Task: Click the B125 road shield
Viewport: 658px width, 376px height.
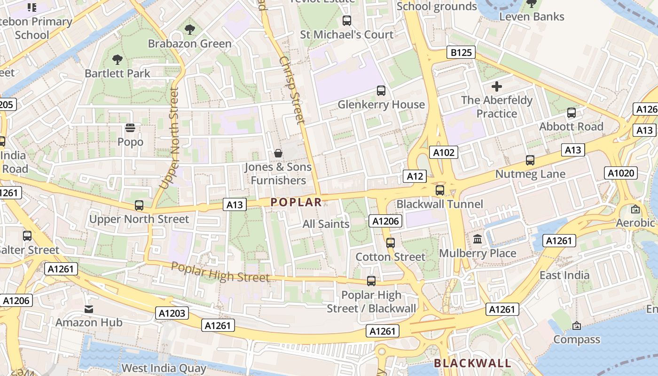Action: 461,52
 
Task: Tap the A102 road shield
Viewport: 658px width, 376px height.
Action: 444,152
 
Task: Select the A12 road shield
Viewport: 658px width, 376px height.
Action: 415,176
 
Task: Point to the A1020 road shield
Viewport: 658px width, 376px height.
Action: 621,173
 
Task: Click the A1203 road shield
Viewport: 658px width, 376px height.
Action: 172,313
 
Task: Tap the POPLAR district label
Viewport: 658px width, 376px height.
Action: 296,202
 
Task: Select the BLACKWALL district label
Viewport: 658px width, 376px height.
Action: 472,363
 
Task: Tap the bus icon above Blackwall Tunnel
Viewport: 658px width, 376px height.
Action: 440,190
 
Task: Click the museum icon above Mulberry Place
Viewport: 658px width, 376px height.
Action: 478,239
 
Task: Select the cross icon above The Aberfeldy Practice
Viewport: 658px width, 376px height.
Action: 496,86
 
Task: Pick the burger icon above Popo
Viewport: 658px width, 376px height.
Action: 130,128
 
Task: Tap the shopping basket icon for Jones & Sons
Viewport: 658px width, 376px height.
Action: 278,153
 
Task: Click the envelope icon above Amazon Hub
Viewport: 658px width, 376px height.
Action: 89,309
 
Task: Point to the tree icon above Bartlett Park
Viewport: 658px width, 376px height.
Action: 117,60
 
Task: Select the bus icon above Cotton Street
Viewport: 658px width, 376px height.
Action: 390,243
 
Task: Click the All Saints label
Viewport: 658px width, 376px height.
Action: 326,224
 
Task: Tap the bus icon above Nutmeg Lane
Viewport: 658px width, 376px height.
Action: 530,160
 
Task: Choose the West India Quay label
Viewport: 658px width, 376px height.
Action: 164,368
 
